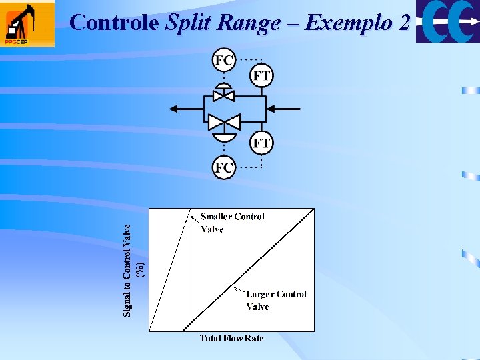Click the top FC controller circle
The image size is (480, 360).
tap(224, 61)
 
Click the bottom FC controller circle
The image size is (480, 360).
tap(224, 167)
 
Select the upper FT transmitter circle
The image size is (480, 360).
tap(261, 75)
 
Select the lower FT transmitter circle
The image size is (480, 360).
tap(261, 143)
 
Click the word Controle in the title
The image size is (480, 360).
tap(115, 23)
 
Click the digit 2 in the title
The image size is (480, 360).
tap(403, 23)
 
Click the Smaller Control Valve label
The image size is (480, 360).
tap(232, 223)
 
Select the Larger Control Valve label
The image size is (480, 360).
tap(276, 300)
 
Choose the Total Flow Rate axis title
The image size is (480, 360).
tap(231, 339)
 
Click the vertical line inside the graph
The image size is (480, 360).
tap(191, 267)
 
